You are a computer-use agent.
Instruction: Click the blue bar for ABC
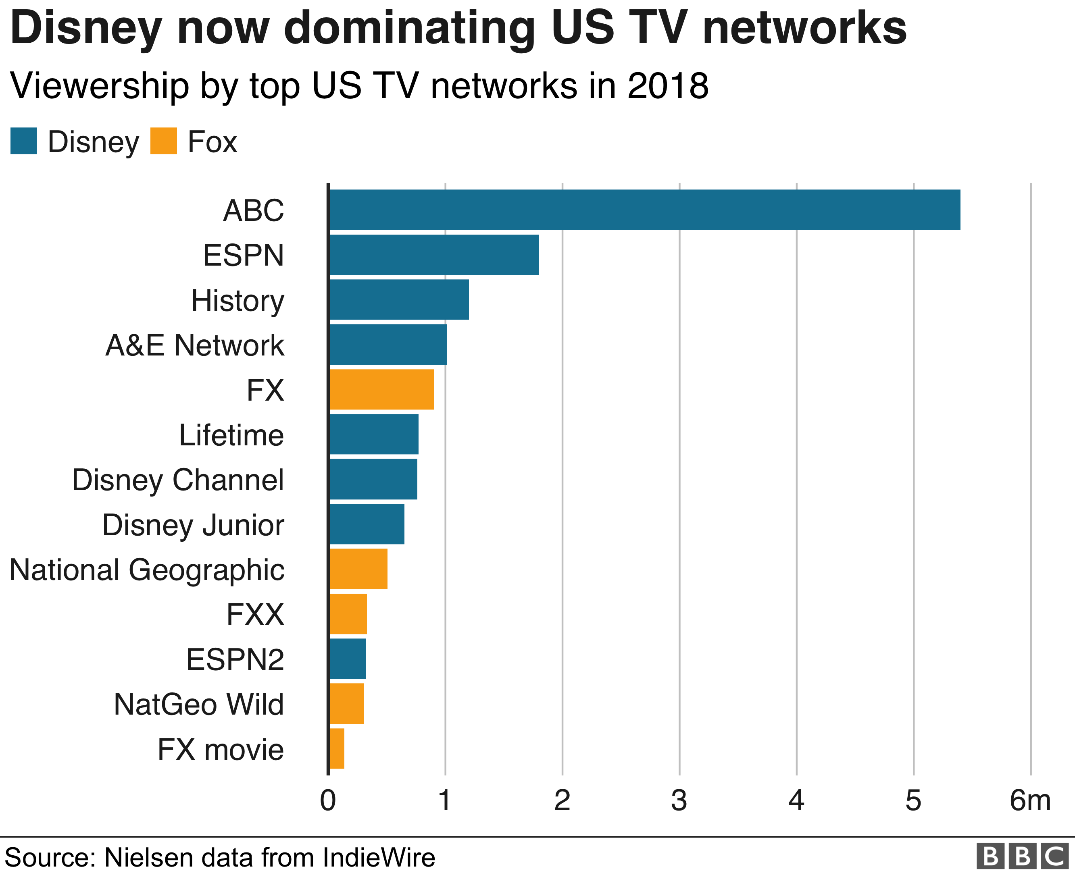pos(644,210)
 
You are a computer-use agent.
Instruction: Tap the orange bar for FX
pos(381,389)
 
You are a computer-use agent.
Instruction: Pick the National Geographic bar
pos(358,569)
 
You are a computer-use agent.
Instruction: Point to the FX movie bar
pos(337,748)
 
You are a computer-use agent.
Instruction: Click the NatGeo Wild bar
pos(347,704)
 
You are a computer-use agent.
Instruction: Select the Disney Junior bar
pos(367,524)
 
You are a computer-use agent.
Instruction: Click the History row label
pos(237,301)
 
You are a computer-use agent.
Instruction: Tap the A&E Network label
pos(195,345)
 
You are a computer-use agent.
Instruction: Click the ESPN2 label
pos(235,659)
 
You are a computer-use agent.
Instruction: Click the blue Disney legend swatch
pos(24,141)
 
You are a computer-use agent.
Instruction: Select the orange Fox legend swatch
pos(163,141)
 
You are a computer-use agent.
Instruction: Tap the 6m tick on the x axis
pos(1030,800)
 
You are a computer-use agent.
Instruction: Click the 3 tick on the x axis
pos(679,800)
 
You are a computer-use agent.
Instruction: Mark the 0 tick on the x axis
pos(328,800)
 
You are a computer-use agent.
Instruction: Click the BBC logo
pos(1022,856)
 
